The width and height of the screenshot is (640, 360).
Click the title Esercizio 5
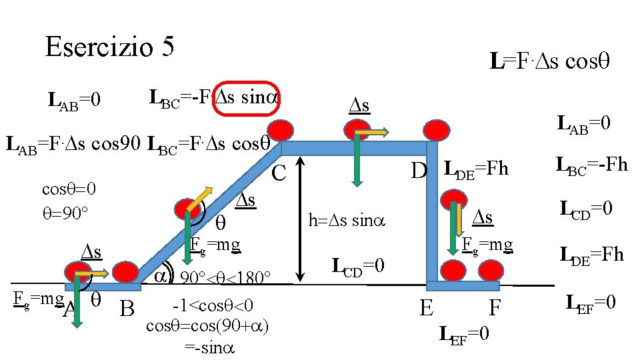click(110, 46)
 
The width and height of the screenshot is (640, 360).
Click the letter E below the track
click(427, 308)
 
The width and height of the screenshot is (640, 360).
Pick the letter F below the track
click(494, 308)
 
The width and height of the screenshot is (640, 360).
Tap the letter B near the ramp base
click(127, 309)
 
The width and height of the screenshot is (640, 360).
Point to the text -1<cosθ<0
click(212, 305)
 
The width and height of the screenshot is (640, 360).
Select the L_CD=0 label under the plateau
click(359, 267)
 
